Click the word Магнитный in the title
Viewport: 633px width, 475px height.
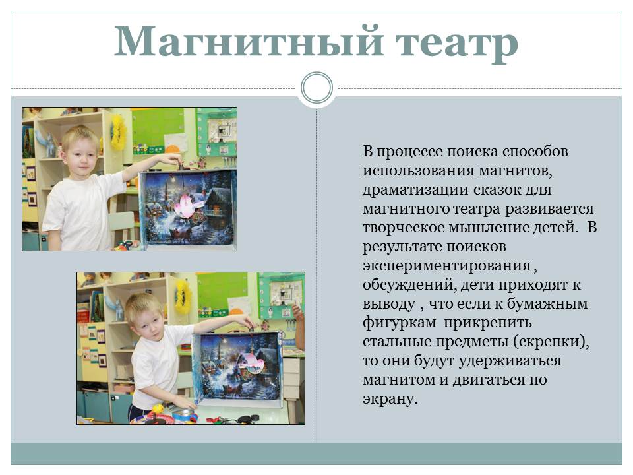249,41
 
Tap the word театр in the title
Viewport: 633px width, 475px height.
456,44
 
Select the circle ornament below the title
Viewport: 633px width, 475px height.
317,88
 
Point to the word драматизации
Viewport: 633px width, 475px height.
415,190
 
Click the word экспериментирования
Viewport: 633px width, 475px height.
446,266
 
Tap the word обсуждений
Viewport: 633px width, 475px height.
409,285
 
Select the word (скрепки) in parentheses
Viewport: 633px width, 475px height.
551,342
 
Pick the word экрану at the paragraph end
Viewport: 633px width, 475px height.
390,399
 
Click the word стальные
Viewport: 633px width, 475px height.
397,342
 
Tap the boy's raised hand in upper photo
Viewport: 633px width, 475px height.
174,158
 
